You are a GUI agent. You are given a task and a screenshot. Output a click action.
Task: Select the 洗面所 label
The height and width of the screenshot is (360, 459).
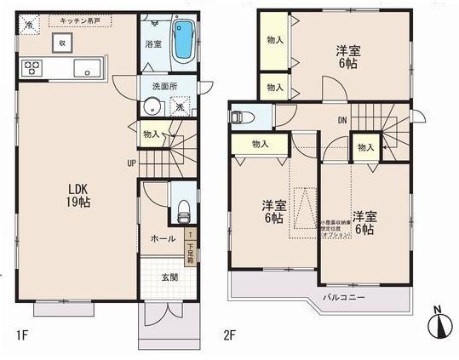point(164,87)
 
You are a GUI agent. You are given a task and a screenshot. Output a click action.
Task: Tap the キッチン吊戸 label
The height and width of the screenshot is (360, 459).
point(80,19)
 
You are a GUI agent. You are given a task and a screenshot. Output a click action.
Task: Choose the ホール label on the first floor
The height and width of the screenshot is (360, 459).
point(163,239)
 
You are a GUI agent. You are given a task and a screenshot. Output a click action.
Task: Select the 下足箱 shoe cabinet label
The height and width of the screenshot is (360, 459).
point(190,247)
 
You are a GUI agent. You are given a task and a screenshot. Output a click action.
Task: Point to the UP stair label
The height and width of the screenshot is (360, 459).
point(132,163)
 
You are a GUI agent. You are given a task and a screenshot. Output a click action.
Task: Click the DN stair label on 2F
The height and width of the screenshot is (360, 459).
point(341,119)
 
